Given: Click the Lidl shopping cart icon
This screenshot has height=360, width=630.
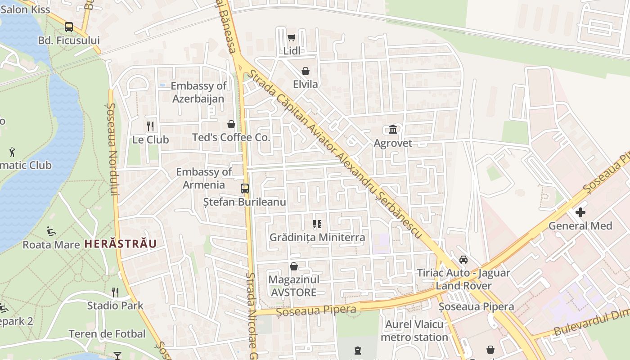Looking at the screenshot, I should click(x=291, y=38).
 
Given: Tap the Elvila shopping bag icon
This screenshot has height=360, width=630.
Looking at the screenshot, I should click(x=305, y=71).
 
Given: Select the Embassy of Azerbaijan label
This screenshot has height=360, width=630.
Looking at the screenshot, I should click(x=198, y=92).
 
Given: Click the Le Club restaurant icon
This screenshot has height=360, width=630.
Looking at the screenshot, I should click(x=150, y=126).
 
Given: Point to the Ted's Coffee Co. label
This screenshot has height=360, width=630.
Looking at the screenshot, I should click(x=231, y=137).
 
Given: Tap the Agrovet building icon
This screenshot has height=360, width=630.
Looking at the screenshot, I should click(x=393, y=130).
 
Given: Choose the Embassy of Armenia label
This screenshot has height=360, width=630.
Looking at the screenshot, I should click(x=204, y=178).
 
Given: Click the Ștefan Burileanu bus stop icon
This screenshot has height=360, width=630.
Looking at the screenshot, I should click(x=245, y=189).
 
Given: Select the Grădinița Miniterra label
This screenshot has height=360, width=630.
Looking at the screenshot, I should click(x=317, y=237).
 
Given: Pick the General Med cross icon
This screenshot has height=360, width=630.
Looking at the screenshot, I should click(x=580, y=212).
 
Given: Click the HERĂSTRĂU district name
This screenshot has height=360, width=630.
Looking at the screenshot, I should click(x=121, y=244).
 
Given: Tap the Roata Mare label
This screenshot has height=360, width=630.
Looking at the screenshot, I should click(x=51, y=245).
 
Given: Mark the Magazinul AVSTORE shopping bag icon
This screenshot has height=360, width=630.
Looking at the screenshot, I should click(x=294, y=266).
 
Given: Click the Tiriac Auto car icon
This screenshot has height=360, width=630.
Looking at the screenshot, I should click(x=463, y=260).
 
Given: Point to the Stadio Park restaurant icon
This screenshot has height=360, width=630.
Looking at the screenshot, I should click(x=115, y=292).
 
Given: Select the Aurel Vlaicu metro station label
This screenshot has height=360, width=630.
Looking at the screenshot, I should click(x=414, y=331).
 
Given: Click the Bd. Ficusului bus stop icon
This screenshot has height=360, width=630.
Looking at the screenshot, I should click(x=69, y=27).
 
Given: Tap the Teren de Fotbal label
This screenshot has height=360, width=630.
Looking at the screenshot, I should click(x=107, y=334).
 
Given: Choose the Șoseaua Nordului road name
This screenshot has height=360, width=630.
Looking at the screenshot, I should click(x=112, y=148).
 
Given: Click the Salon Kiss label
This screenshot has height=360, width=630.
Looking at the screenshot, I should click(x=25, y=9).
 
